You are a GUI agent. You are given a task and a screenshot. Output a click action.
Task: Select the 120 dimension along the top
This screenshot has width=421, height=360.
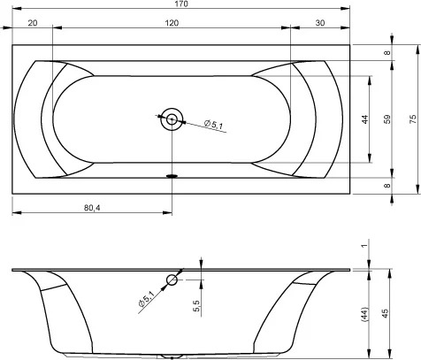pyautogui.click(x=172, y=23)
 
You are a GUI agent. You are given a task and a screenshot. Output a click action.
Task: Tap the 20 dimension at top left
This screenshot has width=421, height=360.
pyautogui.click(x=33, y=23)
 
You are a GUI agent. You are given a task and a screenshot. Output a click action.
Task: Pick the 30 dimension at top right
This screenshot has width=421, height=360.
pyautogui.click(x=320, y=23)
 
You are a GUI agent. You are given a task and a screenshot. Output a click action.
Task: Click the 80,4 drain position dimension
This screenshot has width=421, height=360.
pyautogui.click(x=92, y=208)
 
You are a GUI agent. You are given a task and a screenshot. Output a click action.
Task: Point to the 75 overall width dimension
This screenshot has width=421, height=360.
pyautogui.click(x=413, y=119)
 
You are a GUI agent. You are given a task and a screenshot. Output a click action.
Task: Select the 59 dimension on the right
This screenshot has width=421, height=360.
pyautogui.click(x=387, y=119)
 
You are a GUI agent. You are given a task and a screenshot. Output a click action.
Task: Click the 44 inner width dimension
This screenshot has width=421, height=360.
pyautogui.click(x=365, y=119)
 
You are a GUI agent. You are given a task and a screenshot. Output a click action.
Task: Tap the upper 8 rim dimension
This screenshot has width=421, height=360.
pyautogui.click(x=387, y=53)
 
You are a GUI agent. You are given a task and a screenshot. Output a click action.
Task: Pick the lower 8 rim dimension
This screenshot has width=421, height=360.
pyautogui.click(x=387, y=186)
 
